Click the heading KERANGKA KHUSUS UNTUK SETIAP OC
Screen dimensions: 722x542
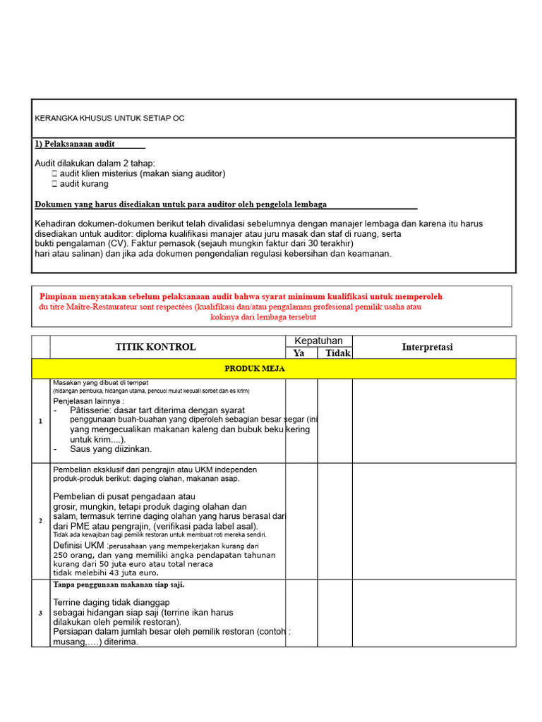pyautogui.click(x=109, y=118)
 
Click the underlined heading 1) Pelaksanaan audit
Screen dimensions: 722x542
pyautogui.click(x=75, y=144)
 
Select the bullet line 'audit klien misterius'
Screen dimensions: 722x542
pyautogui.click(x=142, y=173)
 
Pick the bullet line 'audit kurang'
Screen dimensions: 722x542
pyautogui.click(x=84, y=183)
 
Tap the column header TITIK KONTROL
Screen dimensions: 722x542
pyautogui.click(x=156, y=347)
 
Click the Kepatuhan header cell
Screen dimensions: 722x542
pyautogui.click(x=318, y=341)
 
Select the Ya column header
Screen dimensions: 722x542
pyautogui.click(x=299, y=353)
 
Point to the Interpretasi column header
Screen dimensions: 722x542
pyautogui.click(x=428, y=347)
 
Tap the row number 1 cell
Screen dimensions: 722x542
pyautogui.click(x=41, y=421)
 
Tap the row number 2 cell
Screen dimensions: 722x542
pyautogui.click(x=41, y=520)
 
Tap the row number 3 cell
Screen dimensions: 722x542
pyautogui.click(x=41, y=613)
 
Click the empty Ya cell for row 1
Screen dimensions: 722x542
pyautogui.click(x=301, y=421)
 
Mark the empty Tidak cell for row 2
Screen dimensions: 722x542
pyautogui.click(x=335, y=520)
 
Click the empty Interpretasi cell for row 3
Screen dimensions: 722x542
pyautogui.click(x=434, y=613)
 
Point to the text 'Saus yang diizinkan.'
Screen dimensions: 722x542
pyautogui.click(x=111, y=448)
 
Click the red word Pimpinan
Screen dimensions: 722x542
pyautogui.click(x=61, y=297)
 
